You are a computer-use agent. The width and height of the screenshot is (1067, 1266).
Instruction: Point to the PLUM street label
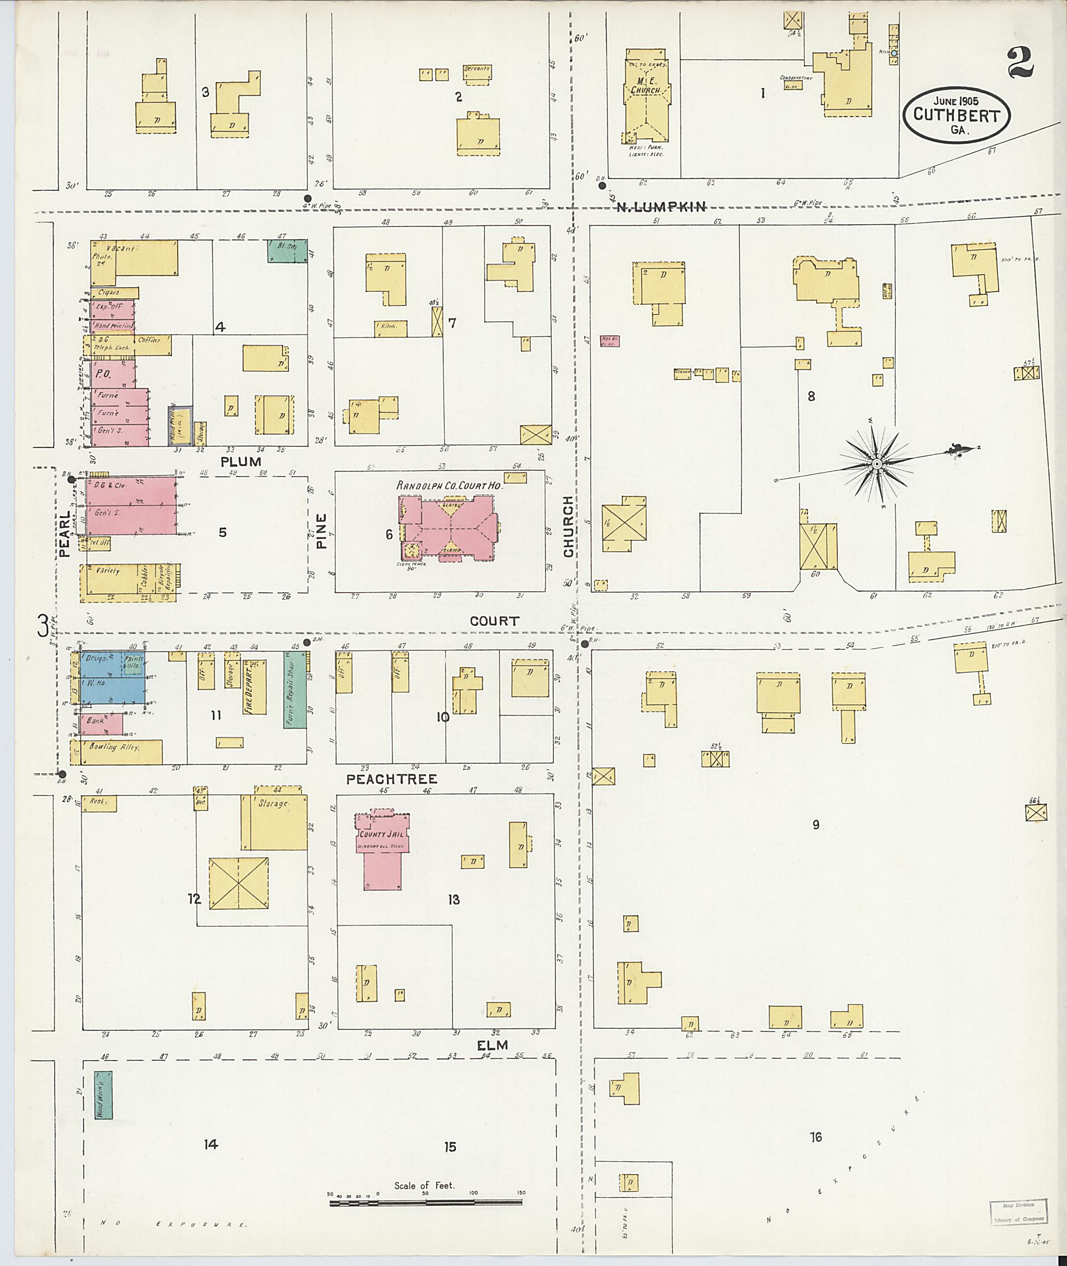click(241, 462)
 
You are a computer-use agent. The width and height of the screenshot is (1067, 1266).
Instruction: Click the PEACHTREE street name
click(391, 779)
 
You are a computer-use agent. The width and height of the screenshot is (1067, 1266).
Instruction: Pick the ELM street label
click(492, 1045)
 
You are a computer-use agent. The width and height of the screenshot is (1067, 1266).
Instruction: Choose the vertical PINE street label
click(321, 531)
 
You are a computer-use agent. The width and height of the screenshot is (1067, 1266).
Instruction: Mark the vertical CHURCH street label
click(568, 526)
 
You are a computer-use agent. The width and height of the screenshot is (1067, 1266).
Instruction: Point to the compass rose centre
click(876, 463)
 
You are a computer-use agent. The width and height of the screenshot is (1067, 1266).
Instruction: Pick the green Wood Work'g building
click(103, 1095)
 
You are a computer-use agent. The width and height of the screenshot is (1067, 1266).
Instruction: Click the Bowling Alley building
click(116, 751)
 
